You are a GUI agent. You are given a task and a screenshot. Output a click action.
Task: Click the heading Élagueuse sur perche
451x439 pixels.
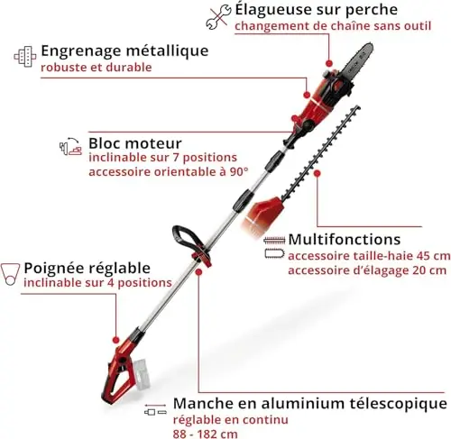(x=316, y=10)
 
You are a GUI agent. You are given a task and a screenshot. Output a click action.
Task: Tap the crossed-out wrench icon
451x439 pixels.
(x=218, y=17)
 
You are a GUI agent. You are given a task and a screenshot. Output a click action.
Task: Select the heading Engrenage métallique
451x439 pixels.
(x=124, y=51)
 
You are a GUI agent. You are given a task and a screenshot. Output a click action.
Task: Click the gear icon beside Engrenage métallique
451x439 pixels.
(x=25, y=57)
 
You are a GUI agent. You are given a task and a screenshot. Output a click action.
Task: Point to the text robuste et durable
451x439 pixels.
(x=97, y=68)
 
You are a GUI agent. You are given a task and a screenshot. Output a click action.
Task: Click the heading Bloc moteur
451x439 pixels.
(x=135, y=143)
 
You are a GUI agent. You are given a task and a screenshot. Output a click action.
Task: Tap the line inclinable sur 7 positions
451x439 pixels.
(x=163, y=158)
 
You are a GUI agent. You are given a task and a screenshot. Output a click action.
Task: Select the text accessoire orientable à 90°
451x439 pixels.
(x=169, y=172)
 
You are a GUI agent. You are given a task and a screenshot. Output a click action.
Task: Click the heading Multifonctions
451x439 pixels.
(x=345, y=240)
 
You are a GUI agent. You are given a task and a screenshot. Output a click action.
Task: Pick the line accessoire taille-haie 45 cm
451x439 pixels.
(x=369, y=256)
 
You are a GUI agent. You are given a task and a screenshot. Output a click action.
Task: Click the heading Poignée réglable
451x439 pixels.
(x=87, y=268)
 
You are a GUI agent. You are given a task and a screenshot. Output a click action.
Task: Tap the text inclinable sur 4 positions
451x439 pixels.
(x=97, y=283)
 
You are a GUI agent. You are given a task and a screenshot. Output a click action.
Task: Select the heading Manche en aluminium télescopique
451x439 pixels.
(x=310, y=404)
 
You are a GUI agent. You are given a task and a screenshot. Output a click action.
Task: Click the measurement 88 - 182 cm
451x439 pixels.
(x=205, y=434)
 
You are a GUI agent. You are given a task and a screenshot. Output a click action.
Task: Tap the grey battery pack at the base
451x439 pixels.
(x=145, y=374)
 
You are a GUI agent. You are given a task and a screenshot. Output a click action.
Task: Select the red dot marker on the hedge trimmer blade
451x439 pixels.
(x=317, y=173)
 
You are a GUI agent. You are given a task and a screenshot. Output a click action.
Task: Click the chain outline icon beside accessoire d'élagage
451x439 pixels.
(x=274, y=254)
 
